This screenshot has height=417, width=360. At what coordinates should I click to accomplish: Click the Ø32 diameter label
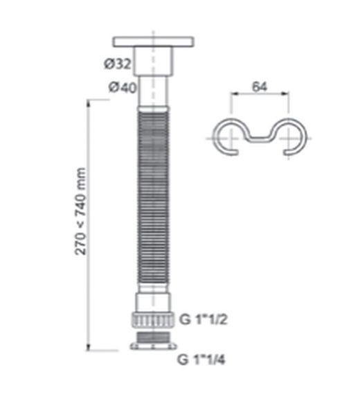tap(117, 64)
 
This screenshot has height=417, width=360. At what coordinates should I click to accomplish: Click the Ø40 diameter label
tap(120, 88)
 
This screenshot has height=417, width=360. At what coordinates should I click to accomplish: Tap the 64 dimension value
tap(260, 87)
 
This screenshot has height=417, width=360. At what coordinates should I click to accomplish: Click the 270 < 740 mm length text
tap(81, 211)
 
